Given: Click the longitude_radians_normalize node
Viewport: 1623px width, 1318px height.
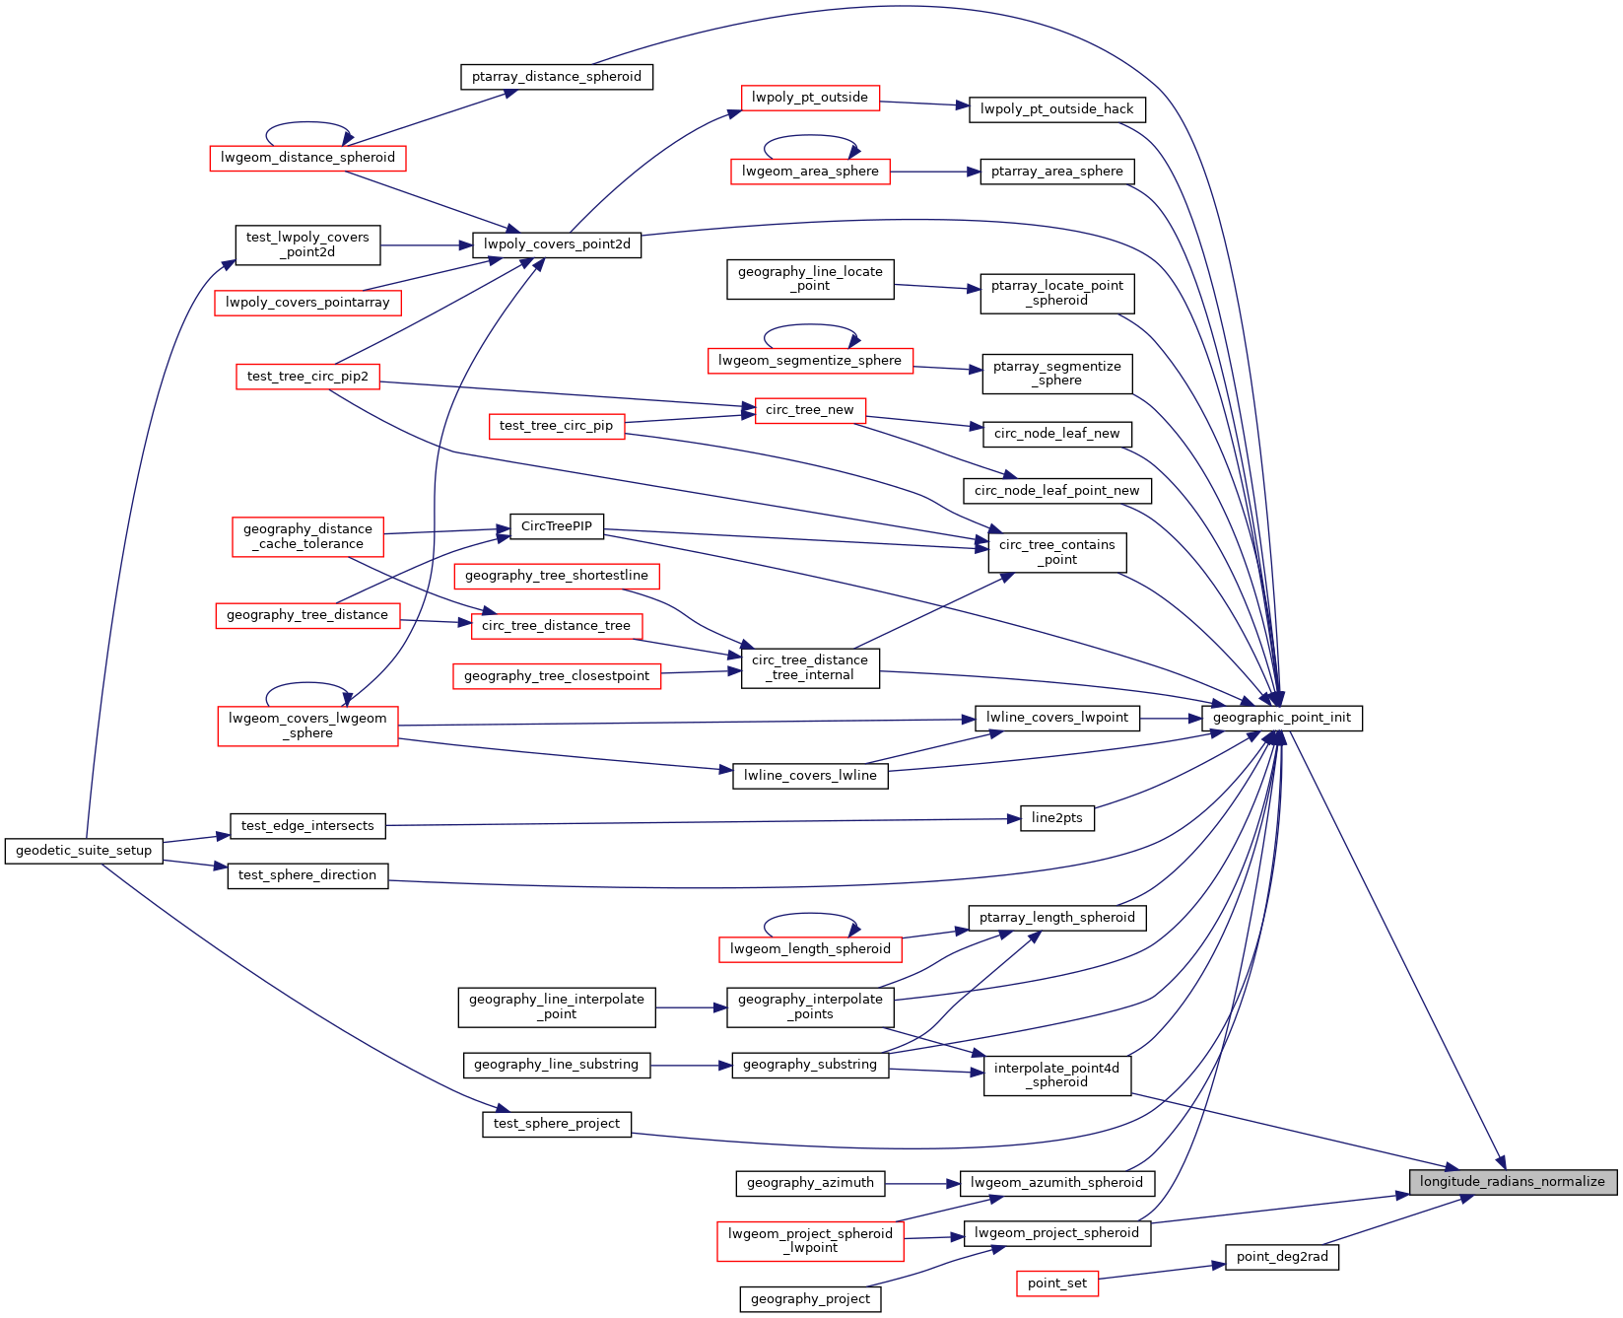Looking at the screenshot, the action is [1513, 1182].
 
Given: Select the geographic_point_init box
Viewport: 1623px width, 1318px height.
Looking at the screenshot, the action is [1282, 718].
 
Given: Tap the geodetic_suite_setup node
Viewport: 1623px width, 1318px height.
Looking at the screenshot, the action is [84, 851].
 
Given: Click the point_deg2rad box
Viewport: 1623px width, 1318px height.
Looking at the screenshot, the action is [1282, 1257].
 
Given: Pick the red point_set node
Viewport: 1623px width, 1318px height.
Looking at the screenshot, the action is [1057, 1283].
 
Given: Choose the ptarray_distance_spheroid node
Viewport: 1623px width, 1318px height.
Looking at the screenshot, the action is [557, 77].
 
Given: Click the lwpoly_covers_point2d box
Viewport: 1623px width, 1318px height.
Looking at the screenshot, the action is [557, 244].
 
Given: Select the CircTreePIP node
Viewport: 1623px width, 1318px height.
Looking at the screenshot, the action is [557, 526].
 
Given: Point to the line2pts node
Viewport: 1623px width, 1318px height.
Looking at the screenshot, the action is [1057, 818].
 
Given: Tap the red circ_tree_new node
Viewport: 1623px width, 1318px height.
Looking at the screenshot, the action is [810, 410].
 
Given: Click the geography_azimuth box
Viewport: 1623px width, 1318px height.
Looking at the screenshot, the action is [810, 1183].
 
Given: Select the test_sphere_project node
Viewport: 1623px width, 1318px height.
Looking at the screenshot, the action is [557, 1124].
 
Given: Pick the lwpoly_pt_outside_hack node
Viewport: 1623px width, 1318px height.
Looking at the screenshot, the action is [1057, 109].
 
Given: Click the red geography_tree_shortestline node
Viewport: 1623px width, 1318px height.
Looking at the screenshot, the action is [557, 576].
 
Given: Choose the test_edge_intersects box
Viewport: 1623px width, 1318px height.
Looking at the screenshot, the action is [307, 826].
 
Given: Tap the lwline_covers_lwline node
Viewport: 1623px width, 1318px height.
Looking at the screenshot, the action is [810, 776].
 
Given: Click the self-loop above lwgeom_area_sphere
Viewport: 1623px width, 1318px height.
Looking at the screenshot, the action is [811, 137].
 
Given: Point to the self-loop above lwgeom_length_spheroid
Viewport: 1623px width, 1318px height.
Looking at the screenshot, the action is [811, 915].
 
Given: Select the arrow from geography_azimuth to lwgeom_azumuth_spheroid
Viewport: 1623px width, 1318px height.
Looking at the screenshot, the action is [922, 1183].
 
